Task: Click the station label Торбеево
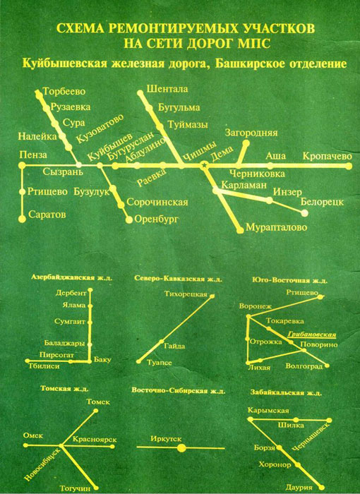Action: click(64, 91)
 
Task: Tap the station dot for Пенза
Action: click(22, 165)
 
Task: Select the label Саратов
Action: click(47, 215)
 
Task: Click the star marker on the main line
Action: click(204, 164)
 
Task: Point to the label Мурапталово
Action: click(276, 227)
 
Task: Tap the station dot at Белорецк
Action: click(304, 213)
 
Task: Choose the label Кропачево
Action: click(328, 156)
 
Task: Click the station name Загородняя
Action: click(251, 133)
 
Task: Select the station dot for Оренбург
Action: click(129, 220)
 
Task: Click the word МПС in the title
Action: click(256, 44)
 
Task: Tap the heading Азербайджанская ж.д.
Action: click(71, 277)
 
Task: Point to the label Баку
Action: click(103, 359)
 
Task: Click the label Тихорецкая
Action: click(186, 294)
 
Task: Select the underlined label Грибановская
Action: click(312, 335)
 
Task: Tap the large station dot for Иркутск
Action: click(181, 447)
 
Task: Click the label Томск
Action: click(98, 402)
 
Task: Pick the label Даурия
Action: click(299, 488)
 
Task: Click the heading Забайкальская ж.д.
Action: click(286, 393)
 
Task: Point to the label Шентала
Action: click(167, 89)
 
